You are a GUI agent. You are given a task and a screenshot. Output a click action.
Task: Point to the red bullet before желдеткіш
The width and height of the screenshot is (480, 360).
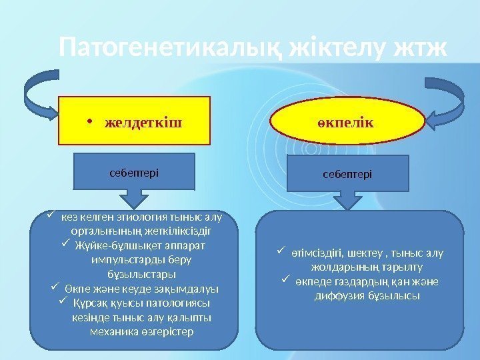pyautogui.click(x=89, y=123)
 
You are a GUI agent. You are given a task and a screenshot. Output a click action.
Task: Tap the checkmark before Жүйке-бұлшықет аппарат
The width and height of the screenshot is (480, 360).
pyautogui.click(x=65, y=245)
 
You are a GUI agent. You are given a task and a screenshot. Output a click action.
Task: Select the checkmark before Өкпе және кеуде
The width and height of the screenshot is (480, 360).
pyautogui.click(x=55, y=288)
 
